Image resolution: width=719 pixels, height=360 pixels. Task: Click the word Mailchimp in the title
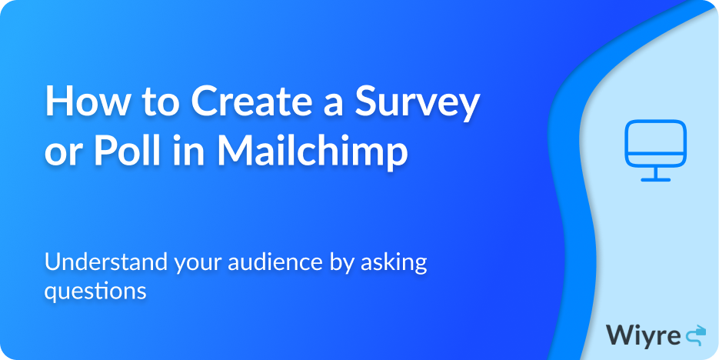click(x=311, y=153)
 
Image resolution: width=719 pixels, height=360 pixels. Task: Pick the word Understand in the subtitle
click(x=106, y=262)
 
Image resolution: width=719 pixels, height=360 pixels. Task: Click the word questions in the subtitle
click(x=95, y=292)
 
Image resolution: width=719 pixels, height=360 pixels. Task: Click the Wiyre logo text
click(x=643, y=335)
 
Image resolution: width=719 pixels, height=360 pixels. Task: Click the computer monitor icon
click(x=655, y=151)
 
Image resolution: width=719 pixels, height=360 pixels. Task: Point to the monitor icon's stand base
click(x=655, y=179)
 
